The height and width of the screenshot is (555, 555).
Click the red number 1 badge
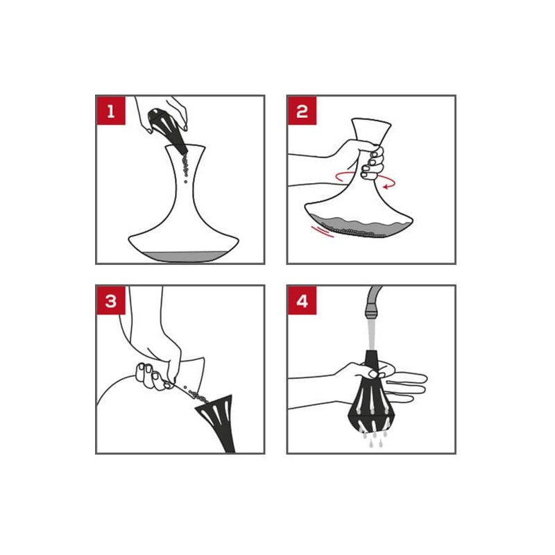pyautogui.click(x=111, y=110)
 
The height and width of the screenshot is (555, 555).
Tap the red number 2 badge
pyautogui.click(x=302, y=110)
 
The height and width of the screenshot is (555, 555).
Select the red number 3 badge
pyautogui.click(x=111, y=300)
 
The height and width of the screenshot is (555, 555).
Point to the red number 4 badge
pyautogui.click(x=302, y=300)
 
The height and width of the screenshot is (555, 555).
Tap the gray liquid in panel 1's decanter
pyautogui.click(x=183, y=256)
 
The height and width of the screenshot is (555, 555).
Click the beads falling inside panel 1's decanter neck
pyautogui.click(x=185, y=168)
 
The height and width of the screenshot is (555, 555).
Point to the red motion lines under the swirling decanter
pyautogui.click(x=322, y=231)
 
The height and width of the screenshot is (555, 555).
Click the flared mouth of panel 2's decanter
pyautogui.click(x=371, y=128)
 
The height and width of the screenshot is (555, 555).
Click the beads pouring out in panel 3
pyautogui.click(x=196, y=395)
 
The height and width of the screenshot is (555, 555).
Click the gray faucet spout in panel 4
pyautogui.click(x=373, y=302)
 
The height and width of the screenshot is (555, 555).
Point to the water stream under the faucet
pyautogui.click(x=371, y=334)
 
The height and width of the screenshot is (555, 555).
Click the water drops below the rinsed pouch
pyautogui.click(x=372, y=438)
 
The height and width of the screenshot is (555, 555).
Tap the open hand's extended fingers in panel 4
pyautogui.click(x=405, y=386)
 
